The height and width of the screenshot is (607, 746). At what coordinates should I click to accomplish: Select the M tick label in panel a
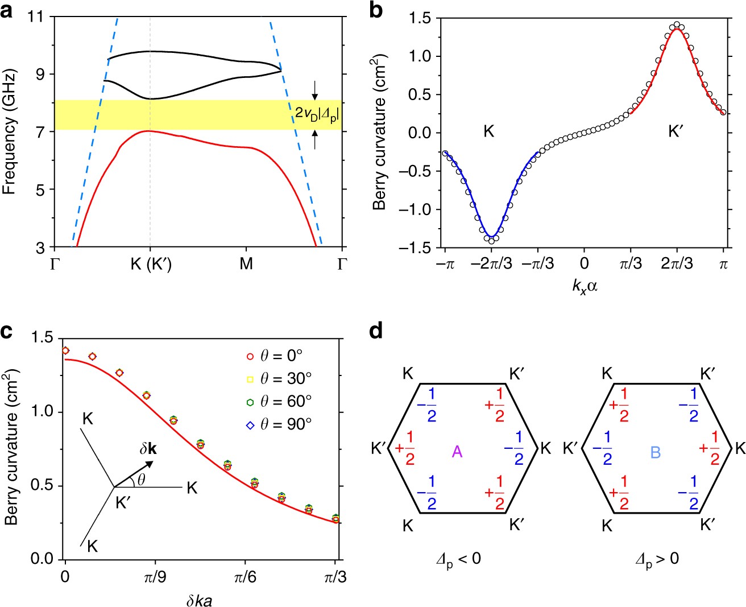(246, 264)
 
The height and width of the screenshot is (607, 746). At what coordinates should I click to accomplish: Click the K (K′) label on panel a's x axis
(150, 264)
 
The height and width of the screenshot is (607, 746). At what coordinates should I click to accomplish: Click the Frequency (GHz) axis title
(9, 132)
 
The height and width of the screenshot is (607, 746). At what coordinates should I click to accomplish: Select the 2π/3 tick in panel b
(677, 263)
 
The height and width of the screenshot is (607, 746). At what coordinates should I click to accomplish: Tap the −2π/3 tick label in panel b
(491, 263)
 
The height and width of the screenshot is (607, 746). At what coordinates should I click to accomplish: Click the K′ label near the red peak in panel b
(675, 132)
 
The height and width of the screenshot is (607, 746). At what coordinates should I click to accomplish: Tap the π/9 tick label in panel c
(155, 577)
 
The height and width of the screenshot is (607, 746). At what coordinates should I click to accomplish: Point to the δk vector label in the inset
(148, 449)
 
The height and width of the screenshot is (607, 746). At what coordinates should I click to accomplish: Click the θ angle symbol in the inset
(141, 480)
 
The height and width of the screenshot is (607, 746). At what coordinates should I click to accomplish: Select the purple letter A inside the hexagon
(457, 452)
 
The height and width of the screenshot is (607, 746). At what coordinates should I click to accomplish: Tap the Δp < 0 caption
(458, 559)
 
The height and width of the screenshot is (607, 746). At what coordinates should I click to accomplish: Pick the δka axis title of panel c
(199, 600)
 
